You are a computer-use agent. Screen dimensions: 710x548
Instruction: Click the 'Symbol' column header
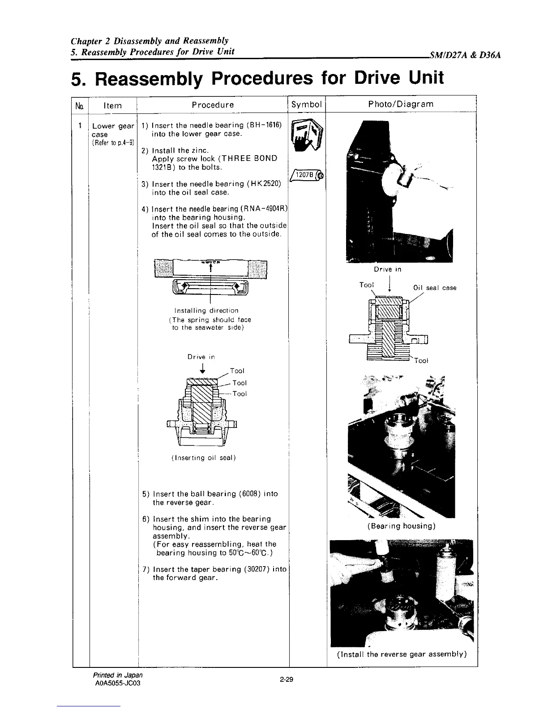point(307,104)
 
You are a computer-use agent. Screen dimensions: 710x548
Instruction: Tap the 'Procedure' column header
point(213,105)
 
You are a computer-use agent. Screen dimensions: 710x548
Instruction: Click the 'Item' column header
point(112,105)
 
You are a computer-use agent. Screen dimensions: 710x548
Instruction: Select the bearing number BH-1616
point(264,125)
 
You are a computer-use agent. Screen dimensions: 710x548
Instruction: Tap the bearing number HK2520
point(265,184)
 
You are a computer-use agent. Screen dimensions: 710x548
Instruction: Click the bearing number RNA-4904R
point(265,209)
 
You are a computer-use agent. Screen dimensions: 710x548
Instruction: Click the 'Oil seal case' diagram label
point(434,288)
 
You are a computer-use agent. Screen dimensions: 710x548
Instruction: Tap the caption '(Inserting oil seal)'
point(203,458)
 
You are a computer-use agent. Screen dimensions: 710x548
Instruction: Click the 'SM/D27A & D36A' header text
point(464,56)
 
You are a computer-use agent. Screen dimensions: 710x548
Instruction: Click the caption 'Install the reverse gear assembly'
point(402,654)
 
